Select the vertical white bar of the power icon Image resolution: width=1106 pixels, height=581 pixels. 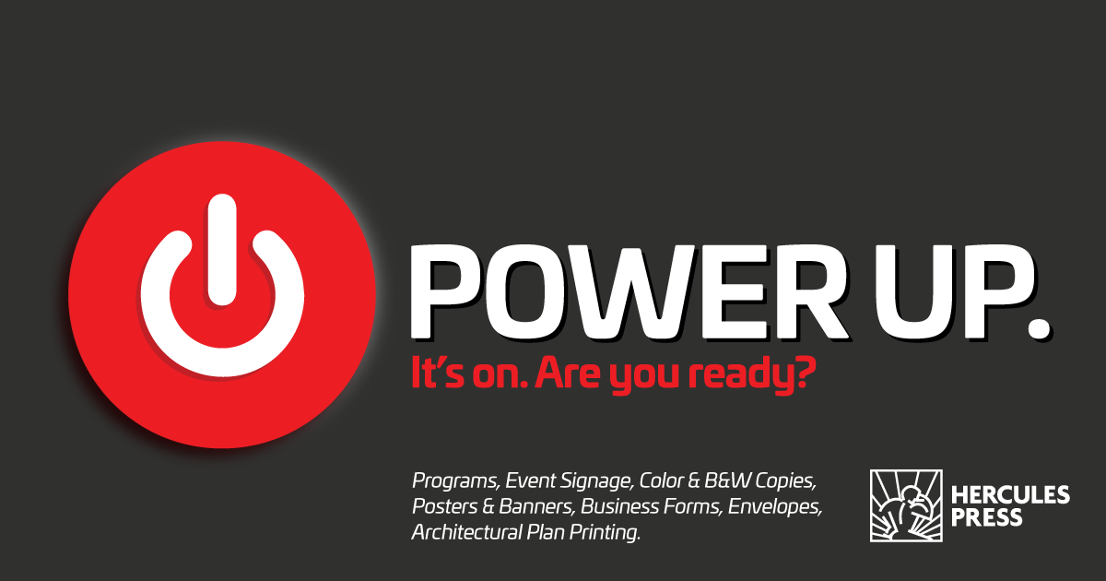(222, 250)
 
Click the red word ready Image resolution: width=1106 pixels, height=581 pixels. (739, 376)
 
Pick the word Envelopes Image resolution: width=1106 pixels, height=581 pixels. (775, 507)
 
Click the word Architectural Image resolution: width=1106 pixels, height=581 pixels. (466, 532)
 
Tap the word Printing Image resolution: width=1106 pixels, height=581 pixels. (605, 533)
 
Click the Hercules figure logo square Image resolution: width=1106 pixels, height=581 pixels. (906, 505)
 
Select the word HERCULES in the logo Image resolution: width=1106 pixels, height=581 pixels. (1010, 494)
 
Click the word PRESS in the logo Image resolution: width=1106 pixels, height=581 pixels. (986, 517)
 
